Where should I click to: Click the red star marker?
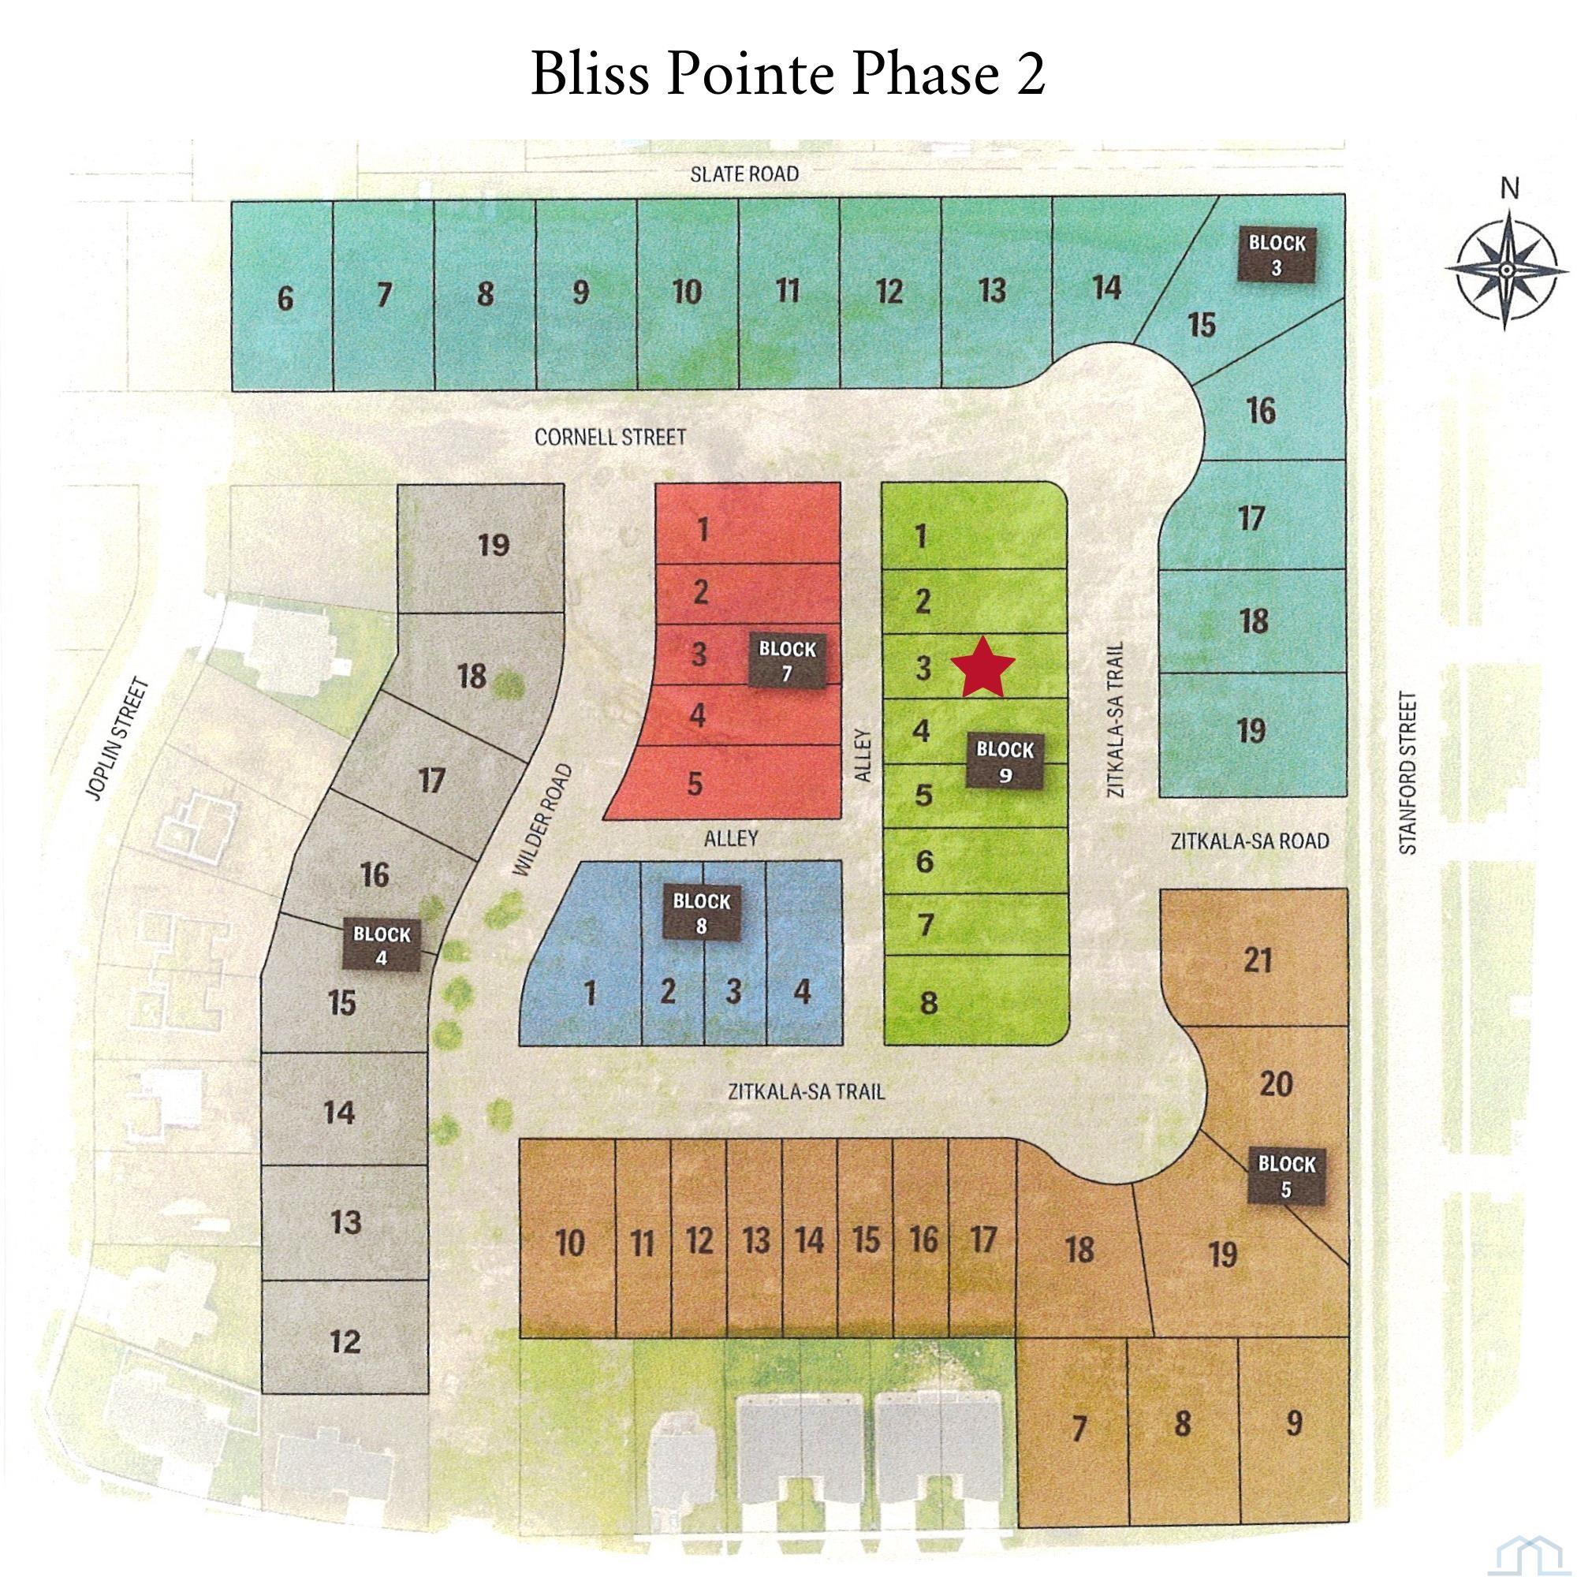point(982,668)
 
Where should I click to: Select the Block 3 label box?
point(1277,255)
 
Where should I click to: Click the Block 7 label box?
point(787,662)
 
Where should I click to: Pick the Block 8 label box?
point(701,913)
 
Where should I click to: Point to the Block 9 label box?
point(1005,761)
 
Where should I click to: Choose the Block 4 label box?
point(381,945)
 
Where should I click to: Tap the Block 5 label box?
point(1286,1176)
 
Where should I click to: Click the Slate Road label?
point(744,173)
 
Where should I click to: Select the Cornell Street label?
point(610,438)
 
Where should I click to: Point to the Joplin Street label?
point(119,740)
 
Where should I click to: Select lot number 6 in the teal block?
point(285,299)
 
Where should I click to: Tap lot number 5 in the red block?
point(695,784)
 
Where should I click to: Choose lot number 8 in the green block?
point(928,1003)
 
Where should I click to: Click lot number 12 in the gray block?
point(345,1341)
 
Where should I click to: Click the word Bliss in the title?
point(591,74)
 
